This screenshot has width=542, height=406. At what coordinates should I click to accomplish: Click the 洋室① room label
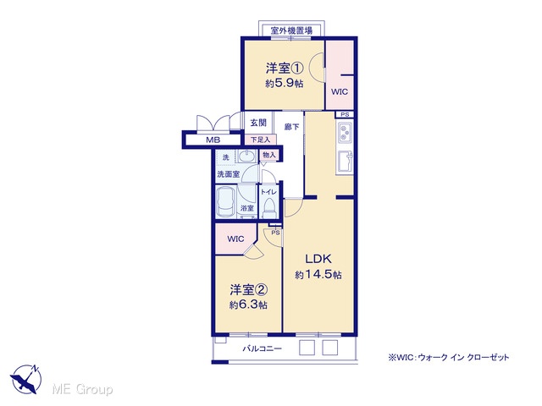point(285,68)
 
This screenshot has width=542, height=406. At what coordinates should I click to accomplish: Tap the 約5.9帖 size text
point(285,83)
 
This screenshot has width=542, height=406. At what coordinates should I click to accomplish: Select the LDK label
point(318,259)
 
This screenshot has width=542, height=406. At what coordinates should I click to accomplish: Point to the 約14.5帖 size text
point(318,274)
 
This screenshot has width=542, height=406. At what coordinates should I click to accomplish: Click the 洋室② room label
point(249,289)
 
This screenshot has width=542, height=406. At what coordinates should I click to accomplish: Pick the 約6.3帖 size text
point(248,304)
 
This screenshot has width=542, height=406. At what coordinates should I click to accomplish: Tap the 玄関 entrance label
point(258,123)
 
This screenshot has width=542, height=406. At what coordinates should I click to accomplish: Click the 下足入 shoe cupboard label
point(260,140)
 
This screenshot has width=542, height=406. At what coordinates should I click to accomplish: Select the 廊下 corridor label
point(291,127)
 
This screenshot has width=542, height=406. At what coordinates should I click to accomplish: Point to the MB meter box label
point(213,140)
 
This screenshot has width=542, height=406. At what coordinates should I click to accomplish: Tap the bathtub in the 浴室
point(225,202)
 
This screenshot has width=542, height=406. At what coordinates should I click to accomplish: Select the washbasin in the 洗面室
point(246,156)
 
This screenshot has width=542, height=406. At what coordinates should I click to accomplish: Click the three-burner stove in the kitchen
point(345,133)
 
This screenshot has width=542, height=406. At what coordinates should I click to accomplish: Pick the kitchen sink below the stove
point(346,162)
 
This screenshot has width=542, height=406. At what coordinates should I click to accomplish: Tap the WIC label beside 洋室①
point(340,92)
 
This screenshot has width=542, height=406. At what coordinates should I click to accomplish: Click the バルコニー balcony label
point(262,348)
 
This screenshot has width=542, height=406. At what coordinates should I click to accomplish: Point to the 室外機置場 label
point(291,30)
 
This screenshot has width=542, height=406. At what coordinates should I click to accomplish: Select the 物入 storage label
point(269,155)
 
